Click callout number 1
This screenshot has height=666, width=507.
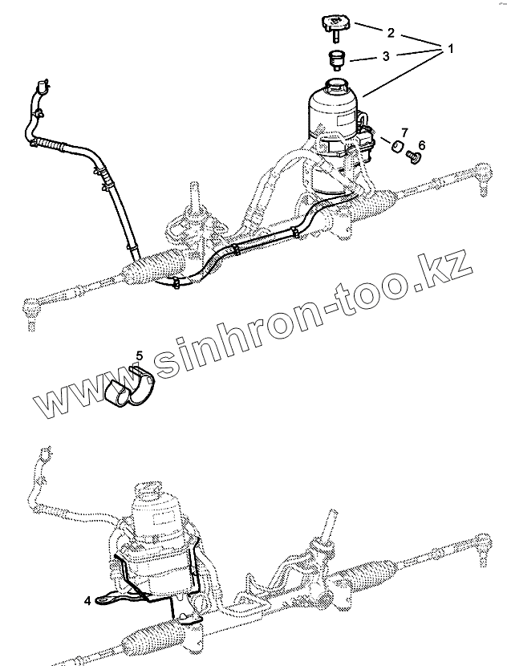tap(450, 48)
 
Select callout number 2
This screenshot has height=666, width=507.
tap(390, 33)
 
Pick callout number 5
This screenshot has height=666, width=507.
tap(139, 355)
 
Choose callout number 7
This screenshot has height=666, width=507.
tap(404, 131)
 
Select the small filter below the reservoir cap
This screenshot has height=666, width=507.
tap(335, 59)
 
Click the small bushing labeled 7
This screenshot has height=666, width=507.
tap(395, 145)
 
